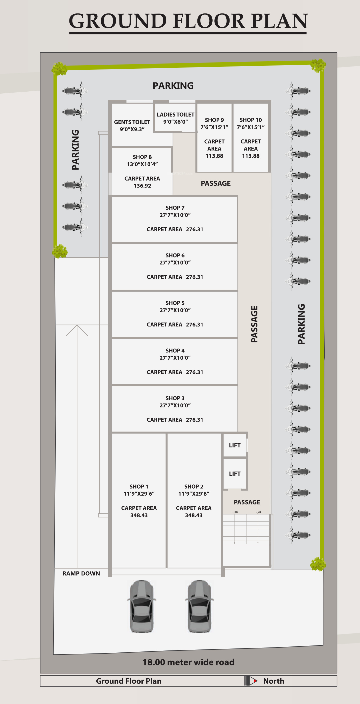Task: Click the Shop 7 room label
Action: coord(175,208)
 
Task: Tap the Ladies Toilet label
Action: coord(175,115)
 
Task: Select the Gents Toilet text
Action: coord(132,122)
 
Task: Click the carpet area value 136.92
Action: coord(142,186)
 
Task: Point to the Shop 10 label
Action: coord(250,120)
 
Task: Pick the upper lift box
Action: coord(235,445)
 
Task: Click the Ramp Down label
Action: coord(81,573)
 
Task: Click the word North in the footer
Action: coord(273,681)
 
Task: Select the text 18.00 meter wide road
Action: coord(188,662)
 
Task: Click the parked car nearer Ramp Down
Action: coord(141,606)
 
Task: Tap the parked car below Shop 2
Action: coord(199,606)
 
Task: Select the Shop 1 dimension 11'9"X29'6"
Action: coord(139,494)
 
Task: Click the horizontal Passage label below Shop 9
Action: coord(216,183)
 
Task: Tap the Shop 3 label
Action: coord(175,398)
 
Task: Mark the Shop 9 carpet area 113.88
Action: coord(214,156)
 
